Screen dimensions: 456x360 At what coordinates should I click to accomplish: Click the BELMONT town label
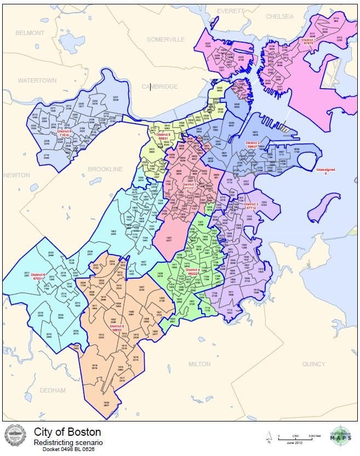30,33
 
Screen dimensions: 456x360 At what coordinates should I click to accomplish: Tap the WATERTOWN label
37,80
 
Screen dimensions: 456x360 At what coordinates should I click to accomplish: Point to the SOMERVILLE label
165,40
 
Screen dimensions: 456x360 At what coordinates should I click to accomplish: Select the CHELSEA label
279,16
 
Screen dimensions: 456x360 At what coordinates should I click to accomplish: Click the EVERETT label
230,11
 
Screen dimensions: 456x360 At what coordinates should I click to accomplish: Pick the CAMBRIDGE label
159,86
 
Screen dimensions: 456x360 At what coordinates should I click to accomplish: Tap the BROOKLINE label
105,169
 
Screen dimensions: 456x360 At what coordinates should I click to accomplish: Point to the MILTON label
199,364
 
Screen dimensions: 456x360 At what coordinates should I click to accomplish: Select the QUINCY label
313,364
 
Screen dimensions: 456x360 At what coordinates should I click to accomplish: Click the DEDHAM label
53,390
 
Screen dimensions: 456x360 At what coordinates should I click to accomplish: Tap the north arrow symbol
268,436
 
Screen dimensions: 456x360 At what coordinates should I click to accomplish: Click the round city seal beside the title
15,436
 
